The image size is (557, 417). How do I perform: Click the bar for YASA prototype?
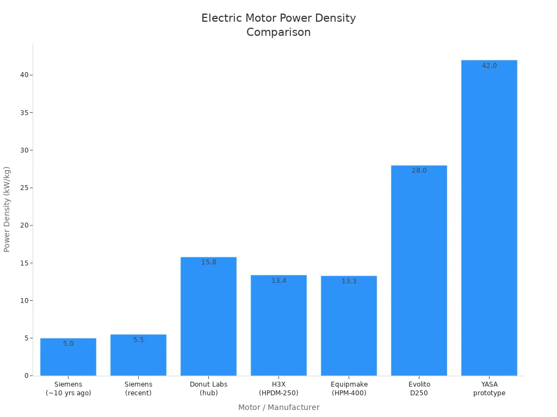[489, 217]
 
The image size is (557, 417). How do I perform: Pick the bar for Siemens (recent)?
[138, 355]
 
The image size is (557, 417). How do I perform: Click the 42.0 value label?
[489, 66]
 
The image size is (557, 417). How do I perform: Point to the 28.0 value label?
[419, 170]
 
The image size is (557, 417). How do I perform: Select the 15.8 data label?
[208, 262]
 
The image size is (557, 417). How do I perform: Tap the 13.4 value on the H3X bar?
[278, 281]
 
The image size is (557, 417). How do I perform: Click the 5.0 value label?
[68, 344]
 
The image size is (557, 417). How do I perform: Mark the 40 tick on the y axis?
[23, 75]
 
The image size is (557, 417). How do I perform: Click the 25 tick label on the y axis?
[23, 188]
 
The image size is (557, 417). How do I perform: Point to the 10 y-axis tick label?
[23, 301]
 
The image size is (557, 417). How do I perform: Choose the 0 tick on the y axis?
[26, 376]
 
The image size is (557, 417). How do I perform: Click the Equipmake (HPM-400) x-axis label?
[349, 389]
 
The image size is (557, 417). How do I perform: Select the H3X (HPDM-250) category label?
[278, 389]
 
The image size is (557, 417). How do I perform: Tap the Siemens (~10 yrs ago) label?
[68, 389]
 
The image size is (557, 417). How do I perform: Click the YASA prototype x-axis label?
[489, 389]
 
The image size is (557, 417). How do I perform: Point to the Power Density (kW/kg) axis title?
[7, 209]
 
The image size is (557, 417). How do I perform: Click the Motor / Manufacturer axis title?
[278, 407]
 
